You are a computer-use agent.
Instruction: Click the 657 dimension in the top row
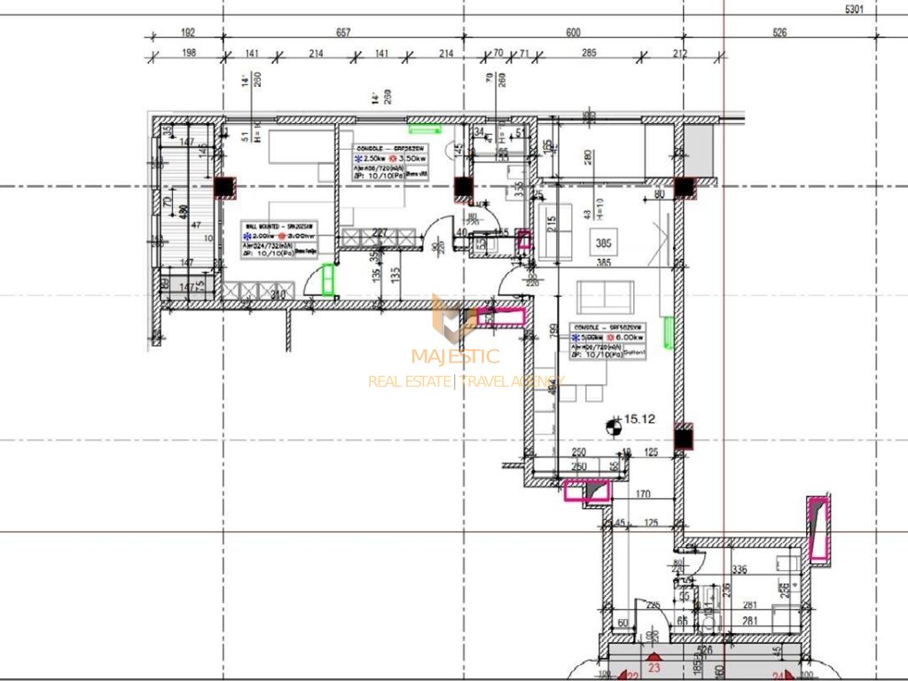coord(343,33)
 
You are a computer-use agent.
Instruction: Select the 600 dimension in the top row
coord(573,33)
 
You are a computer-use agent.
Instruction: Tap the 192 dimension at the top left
coord(188,33)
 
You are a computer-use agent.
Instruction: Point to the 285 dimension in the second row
coord(588,54)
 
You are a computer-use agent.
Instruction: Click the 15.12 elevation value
coord(639,420)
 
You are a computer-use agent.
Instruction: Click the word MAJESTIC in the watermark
coord(455,357)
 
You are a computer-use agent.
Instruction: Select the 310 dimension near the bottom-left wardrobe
coord(277,295)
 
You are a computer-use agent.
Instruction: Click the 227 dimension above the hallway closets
coord(380,234)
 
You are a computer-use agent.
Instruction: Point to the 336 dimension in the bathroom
coord(739,569)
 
